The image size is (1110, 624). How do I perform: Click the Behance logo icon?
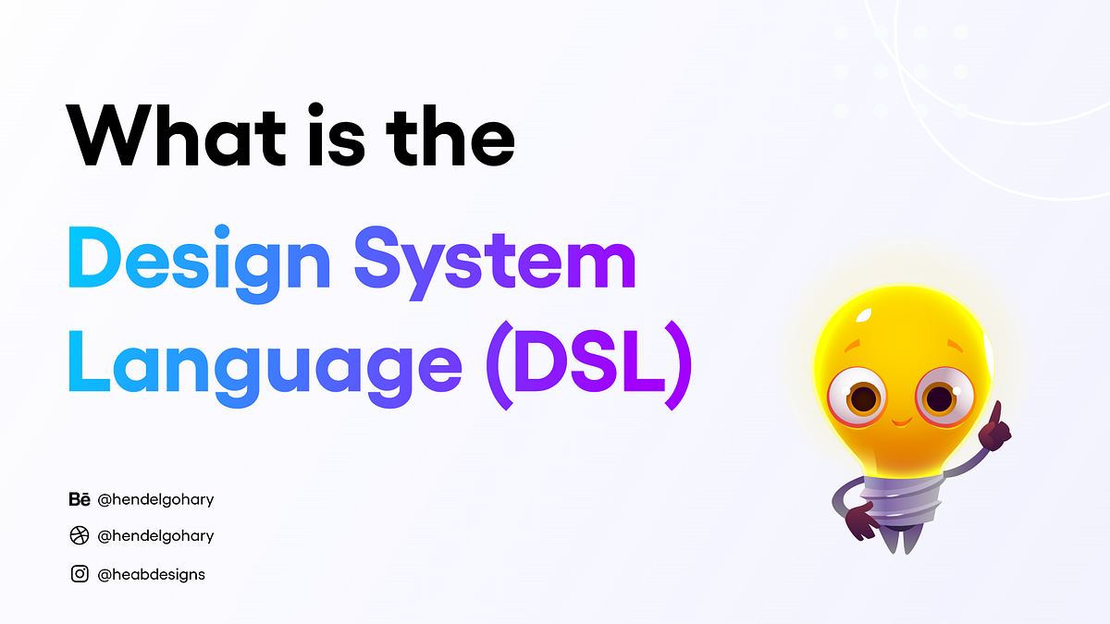[80, 500]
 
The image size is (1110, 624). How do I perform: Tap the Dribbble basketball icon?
[80, 536]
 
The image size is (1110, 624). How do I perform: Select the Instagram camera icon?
[80, 574]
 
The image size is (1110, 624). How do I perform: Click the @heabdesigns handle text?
[151, 574]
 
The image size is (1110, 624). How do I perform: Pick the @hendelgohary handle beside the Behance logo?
[155, 500]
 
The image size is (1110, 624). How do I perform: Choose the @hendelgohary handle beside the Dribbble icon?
[155, 536]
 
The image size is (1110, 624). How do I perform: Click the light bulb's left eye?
[864, 398]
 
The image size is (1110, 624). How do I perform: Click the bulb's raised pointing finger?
[996, 412]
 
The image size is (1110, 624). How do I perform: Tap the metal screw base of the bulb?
[897, 499]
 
